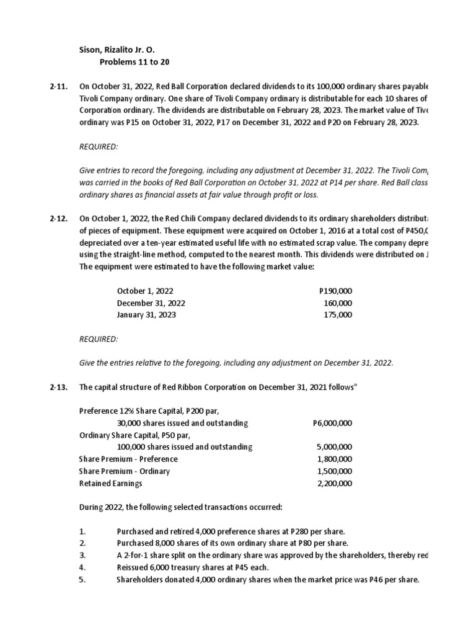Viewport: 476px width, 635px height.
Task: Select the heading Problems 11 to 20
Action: point(134,62)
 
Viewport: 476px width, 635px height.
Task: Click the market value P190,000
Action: point(335,290)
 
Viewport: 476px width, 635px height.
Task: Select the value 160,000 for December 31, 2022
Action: point(338,303)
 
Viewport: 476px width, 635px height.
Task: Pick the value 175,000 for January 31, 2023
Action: point(338,315)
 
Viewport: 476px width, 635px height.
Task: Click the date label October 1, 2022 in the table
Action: point(146,290)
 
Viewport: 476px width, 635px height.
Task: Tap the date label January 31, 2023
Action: point(146,315)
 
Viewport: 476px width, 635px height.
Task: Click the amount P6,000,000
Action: point(333,423)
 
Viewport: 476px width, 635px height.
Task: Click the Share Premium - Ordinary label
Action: point(125,471)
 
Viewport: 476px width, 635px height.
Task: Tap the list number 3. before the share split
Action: point(82,555)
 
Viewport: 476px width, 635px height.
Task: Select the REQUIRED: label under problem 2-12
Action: point(98,339)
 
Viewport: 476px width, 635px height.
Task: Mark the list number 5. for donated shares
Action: point(82,579)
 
